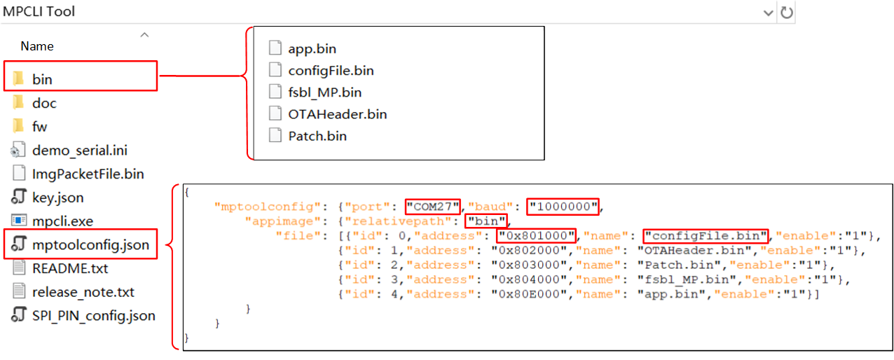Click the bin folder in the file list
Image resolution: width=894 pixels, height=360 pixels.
42,79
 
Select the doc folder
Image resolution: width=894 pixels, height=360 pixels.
44,103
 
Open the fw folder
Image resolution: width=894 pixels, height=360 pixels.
39,127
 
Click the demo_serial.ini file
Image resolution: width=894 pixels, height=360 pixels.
79,151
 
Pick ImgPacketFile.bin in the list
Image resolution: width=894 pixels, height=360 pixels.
88,174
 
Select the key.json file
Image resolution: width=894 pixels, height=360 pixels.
57,198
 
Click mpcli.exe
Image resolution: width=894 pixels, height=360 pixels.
62,221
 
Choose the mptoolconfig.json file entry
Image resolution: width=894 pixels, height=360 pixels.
90,244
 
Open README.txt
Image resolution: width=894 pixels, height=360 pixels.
70,268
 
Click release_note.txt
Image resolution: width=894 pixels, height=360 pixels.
83,292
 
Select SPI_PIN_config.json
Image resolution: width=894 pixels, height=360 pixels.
93,315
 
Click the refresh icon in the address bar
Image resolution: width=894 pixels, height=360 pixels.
787,12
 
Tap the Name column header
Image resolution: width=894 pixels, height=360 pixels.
37,46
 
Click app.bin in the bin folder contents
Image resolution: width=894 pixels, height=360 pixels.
312,48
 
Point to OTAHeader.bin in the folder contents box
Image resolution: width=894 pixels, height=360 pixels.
337,113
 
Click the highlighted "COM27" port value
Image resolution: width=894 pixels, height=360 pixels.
432,207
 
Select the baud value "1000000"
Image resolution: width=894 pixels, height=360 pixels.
563,207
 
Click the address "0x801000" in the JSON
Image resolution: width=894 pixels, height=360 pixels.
536,235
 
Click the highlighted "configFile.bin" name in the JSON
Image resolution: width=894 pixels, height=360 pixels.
706,235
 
